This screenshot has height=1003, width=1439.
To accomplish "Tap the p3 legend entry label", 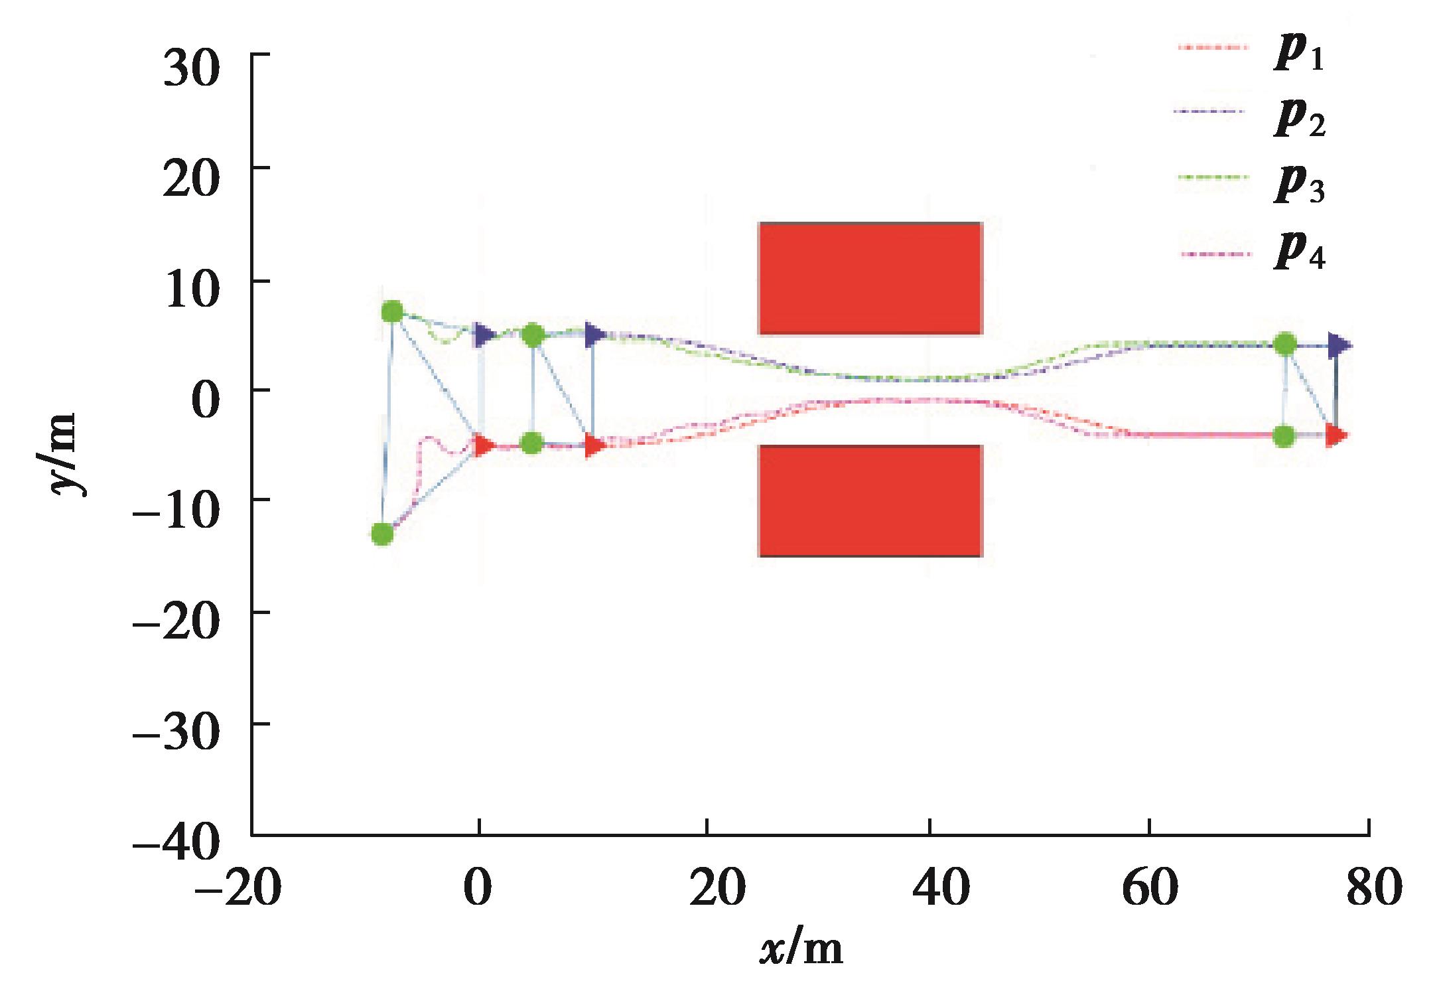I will (x=1299, y=187).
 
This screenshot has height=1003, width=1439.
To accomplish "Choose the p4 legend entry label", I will (x=1299, y=255).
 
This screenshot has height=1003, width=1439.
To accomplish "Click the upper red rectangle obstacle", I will (x=870, y=278).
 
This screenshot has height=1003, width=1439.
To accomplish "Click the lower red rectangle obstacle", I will (x=870, y=501).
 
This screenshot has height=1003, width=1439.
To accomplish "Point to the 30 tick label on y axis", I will (x=191, y=70).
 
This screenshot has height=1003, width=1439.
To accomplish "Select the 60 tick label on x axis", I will (x=1150, y=888).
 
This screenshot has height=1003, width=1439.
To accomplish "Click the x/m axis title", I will (x=801, y=949).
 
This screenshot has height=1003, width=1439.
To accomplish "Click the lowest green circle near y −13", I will (x=381, y=533).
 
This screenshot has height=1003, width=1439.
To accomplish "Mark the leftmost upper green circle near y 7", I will (x=393, y=311).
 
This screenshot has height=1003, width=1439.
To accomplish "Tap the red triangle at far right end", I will (x=1336, y=436).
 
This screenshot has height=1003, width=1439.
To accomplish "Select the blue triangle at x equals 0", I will (x=484, y=335).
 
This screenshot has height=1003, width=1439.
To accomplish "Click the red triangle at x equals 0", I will (x=484, y=445).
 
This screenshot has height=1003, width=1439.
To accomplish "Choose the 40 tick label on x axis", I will (x=931, y=888).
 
